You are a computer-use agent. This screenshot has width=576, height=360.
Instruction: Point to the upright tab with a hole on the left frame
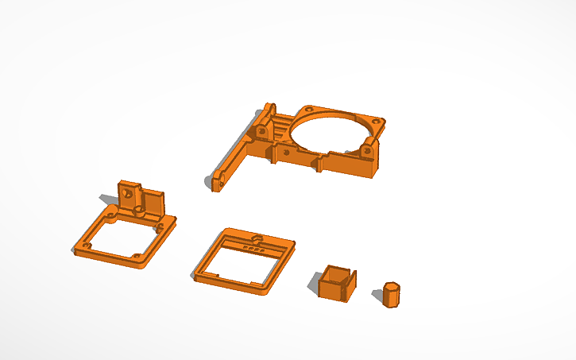(x=127, y=193)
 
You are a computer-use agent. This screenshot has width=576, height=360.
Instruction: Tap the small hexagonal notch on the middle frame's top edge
(x=256, y=237)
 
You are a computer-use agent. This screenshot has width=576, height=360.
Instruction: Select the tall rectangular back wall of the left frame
(x=151, y=203)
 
